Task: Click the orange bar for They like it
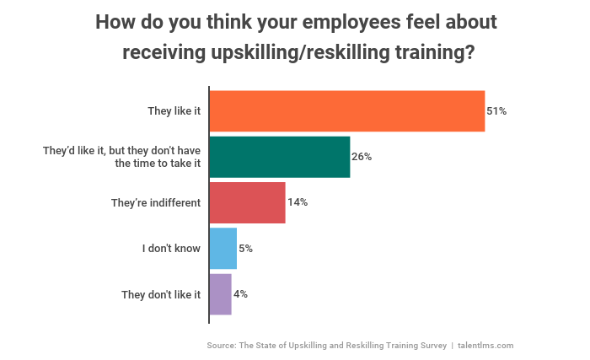click(x=346, y=111)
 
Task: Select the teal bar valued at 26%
click(x=279, y=157)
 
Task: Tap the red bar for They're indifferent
click(x=247, y=202)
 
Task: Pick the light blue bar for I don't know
click(x=223, y=249)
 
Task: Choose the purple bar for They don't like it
click(x=220, y=294)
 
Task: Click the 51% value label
click(x=496, y=111)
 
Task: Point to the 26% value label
click(x=362, y=157)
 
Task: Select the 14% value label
click(x=298, y=202)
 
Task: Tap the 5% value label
click(x=245, y=249)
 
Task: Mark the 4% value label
click(x=240, y=294)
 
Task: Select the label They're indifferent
click(x=156, y=203)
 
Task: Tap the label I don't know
click(x=171, y=249)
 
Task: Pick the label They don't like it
click(x=161, y=294)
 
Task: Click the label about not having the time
click(x=122, y=157)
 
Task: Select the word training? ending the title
click(x=435, y=53)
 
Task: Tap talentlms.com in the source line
click(x=485, y=345)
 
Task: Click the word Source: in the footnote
click(x=221, y=345)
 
